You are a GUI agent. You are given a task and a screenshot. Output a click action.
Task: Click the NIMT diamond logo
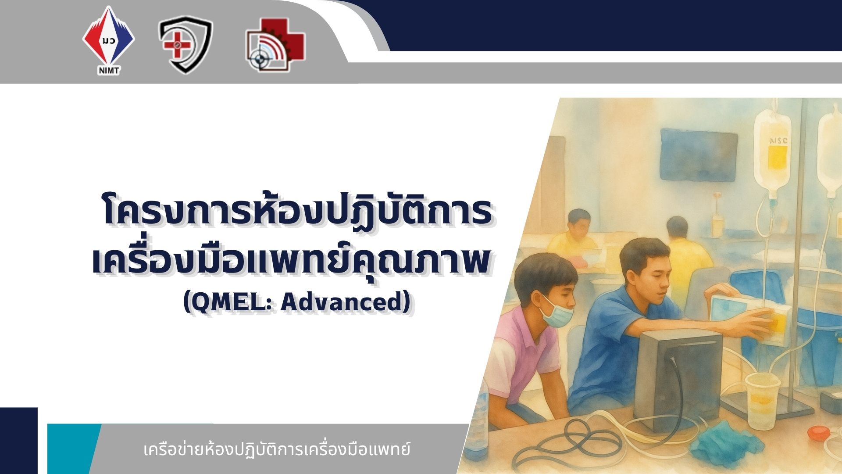109,40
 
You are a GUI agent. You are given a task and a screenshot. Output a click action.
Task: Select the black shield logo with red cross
186,44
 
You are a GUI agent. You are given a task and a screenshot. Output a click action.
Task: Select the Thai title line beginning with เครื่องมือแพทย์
291,259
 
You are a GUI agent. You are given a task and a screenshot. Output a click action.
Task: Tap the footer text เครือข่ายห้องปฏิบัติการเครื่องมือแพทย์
277,450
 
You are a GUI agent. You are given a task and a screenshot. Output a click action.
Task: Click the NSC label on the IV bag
778,141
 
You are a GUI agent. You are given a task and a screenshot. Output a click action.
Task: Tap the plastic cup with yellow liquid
763,400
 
